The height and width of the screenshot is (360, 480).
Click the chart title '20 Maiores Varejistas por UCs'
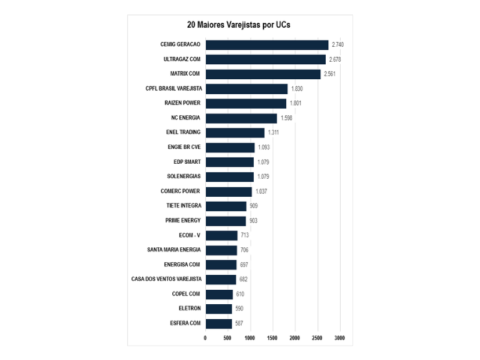(x=239, y=25)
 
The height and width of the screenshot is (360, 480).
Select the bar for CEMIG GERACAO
(x=267, y=45)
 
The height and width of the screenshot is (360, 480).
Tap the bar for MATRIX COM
(x=263, y=74)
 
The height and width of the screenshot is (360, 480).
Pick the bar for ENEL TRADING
(x=235, y=133)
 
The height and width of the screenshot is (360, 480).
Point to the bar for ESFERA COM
(x=218, y=323)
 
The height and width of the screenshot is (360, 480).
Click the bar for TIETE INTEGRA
(x=226, y=206)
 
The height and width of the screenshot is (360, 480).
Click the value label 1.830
(x=297, y=89)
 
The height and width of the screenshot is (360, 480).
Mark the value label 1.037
(x=261, y=191)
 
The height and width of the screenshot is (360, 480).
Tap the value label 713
(x=245, y=235)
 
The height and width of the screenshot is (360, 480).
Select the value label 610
(x=239, y=294)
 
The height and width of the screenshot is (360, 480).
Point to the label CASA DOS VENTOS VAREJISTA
(x=166, y=279)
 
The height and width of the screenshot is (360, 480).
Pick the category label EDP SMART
(x=187, y=162)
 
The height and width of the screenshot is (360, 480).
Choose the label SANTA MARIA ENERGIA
(x=174, y=250)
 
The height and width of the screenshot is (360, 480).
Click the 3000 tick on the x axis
(x=340, y=338)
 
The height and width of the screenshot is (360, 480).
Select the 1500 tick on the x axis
(x=273, y=338)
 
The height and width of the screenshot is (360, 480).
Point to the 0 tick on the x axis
(x=205, y=338)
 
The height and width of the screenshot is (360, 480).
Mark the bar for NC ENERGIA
(x=241, y=118)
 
